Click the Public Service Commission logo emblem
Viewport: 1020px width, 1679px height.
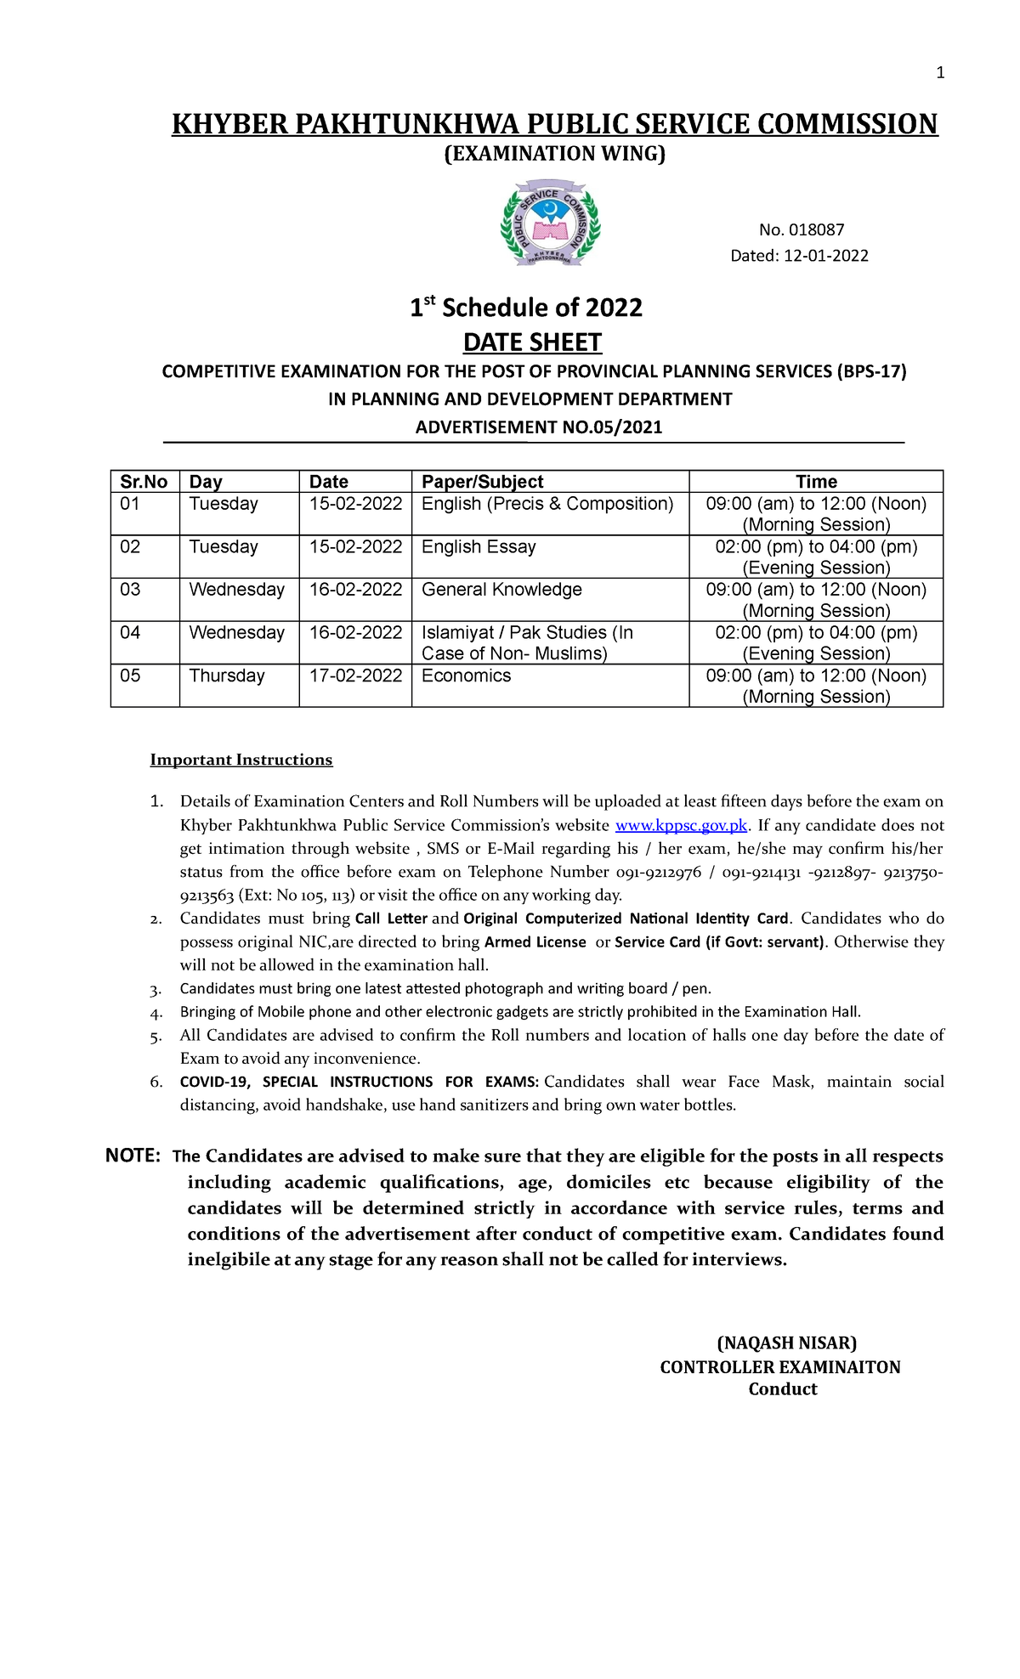550,223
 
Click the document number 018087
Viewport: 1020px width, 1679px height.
815,229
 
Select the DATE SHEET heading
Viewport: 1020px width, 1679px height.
532,342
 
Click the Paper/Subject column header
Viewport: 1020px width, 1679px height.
482,482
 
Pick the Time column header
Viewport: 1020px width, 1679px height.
816,482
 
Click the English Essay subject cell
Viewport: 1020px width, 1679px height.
479,547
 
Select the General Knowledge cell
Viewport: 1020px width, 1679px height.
501,590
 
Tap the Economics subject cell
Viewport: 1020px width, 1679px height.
466,676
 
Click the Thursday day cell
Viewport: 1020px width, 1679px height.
227,676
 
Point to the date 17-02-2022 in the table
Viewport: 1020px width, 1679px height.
355,676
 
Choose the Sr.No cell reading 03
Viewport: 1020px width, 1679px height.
130,590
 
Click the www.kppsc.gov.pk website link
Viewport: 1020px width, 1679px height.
681,825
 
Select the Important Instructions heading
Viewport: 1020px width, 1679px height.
241,760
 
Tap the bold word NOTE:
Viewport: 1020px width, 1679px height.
133,1156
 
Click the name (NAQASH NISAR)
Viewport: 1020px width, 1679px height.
787,1343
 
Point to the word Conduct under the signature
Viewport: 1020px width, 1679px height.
782,1389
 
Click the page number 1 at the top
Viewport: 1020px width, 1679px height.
940,73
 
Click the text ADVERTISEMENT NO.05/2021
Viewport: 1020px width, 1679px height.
538,427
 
